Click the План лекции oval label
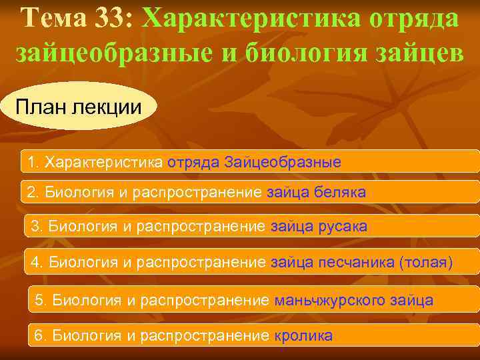[x=79, y=106]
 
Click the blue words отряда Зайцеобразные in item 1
[x=254, y=162]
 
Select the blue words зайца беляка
[x=316, y=193]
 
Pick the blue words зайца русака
[x=319, y=227]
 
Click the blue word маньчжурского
[x=323, y=301]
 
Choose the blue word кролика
[x=303, y=335]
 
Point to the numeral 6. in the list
[x=41, y=335]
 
